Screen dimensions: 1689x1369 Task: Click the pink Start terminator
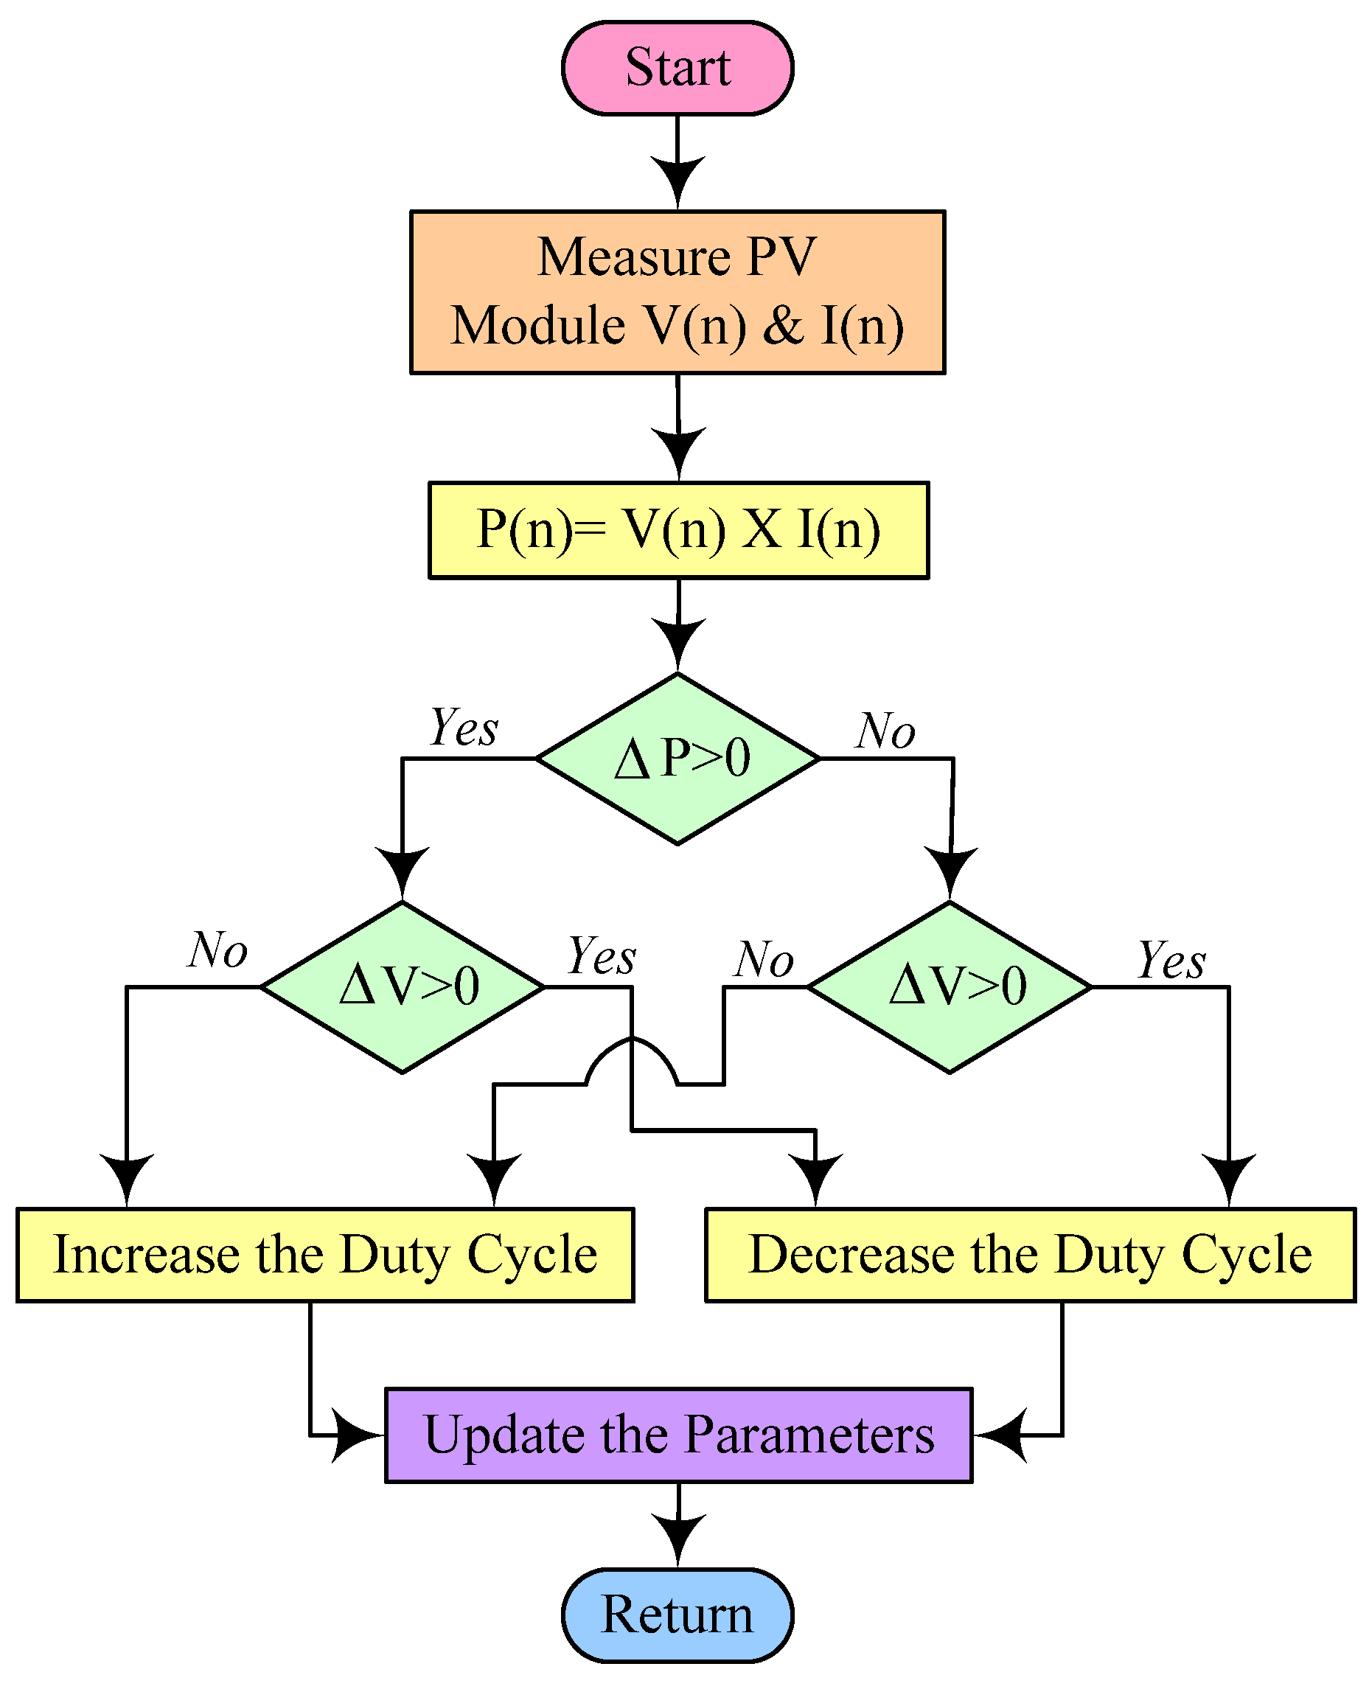677,68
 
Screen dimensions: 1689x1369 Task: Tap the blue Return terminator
677,1614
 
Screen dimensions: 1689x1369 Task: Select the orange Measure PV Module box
677,292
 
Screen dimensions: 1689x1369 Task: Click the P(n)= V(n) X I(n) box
678,530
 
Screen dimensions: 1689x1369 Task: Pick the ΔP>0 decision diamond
677,759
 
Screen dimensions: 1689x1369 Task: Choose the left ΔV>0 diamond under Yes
403,986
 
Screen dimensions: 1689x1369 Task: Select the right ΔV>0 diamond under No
950,986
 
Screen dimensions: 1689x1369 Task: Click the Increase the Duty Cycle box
325,1255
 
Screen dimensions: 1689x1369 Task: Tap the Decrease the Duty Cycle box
1030,1255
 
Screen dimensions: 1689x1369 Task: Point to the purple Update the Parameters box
678,1435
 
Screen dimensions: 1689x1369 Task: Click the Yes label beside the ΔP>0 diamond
464,727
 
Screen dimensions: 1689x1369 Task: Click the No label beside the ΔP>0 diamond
886,731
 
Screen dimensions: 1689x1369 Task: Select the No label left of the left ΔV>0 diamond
217,950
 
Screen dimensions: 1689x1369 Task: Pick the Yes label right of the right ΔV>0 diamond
1171,961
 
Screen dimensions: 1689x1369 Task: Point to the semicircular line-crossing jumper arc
632,1049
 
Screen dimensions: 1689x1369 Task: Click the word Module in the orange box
538,326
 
